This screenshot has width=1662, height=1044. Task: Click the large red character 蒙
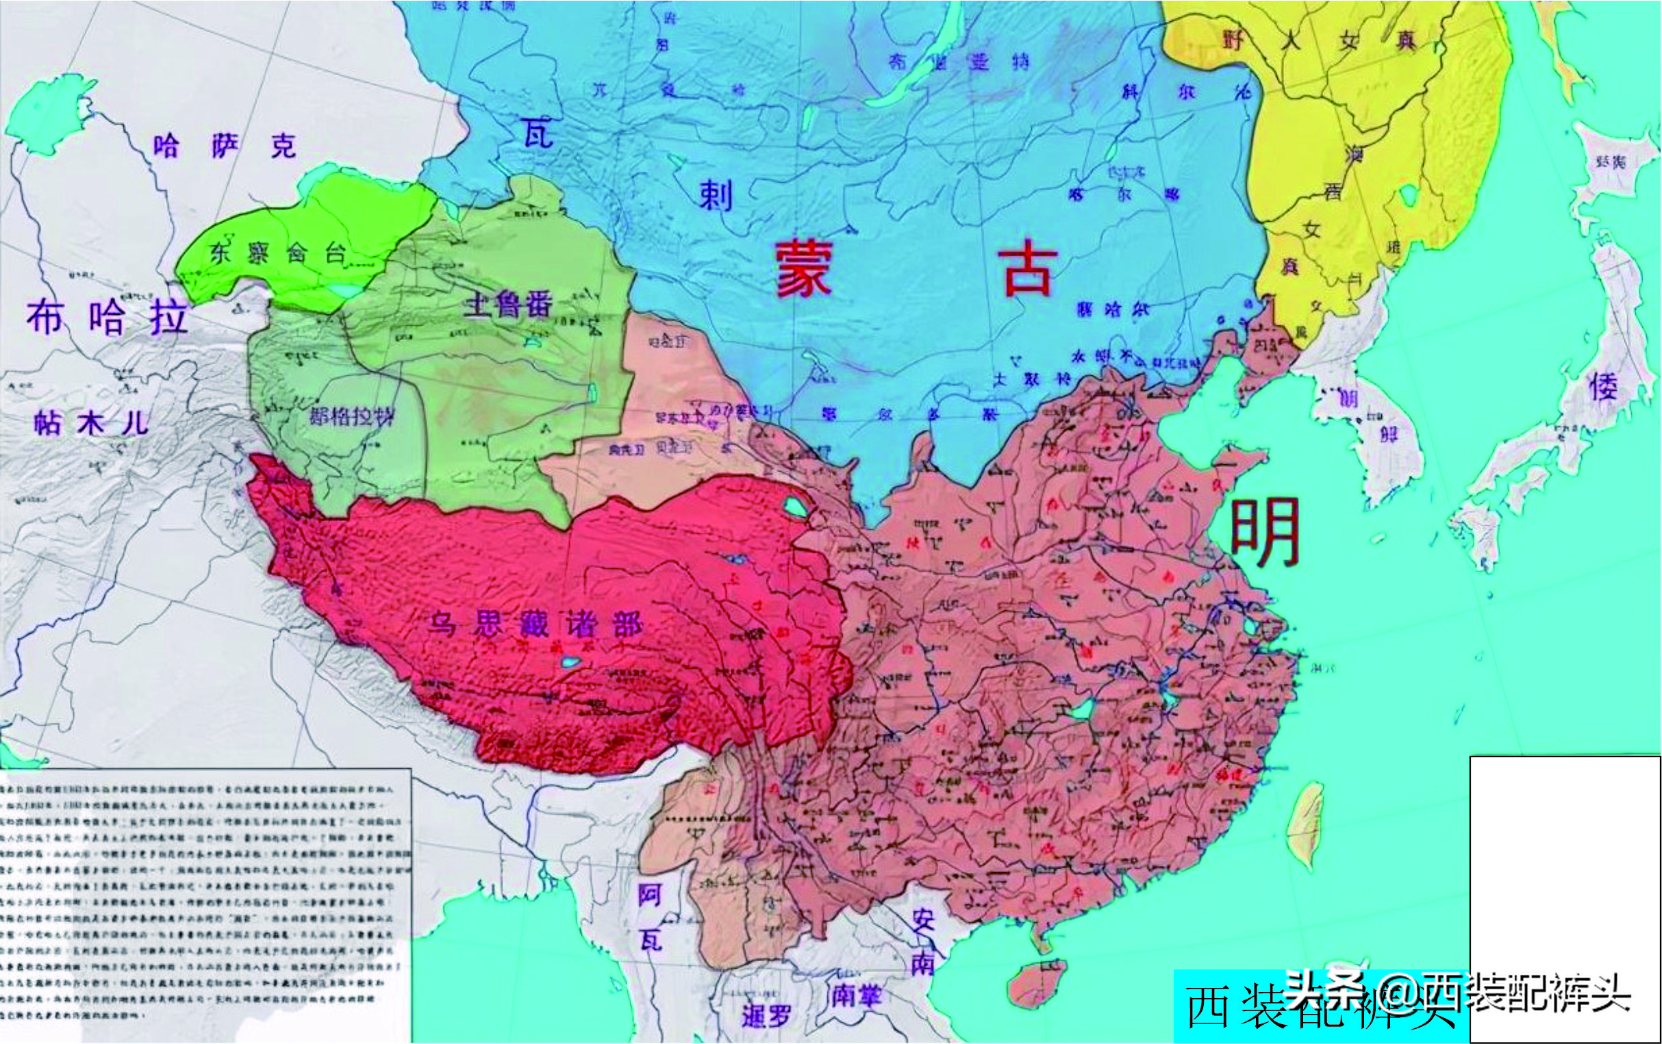coord(804,270)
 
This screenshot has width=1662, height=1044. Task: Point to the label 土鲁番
coord(509,303)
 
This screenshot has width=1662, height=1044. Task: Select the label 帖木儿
coord(91,422)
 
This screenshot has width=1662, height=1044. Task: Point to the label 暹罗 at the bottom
coord(766,1016)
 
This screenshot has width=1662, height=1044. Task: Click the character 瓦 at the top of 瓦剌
coord(537,133)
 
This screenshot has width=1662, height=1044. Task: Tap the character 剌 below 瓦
coord(716,195)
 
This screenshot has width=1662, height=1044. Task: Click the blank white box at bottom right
coord(1564,897)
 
